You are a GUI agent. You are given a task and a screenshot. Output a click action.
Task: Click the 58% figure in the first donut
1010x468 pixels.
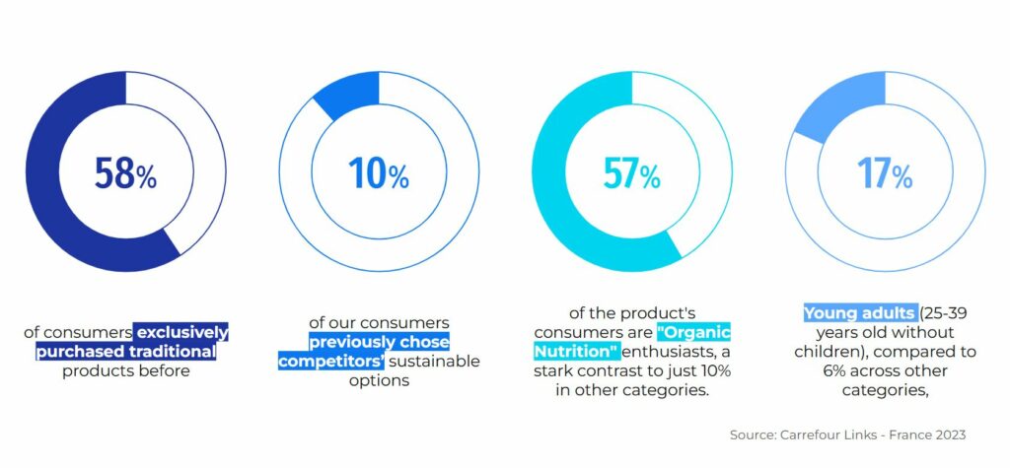[125, 173]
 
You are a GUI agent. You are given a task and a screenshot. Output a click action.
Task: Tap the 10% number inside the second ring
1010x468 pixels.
[379, 173]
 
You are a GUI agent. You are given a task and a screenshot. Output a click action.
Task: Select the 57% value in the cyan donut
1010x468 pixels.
[632, 173]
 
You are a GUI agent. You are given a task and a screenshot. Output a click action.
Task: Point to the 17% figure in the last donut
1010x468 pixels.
[885, 173]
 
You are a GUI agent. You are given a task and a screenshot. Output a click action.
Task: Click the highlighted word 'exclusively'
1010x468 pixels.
[182, 333]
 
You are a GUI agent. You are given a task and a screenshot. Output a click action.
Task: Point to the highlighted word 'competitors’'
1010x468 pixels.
[331, 362]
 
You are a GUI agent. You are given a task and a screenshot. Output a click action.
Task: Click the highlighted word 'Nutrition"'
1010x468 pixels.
[576, 352]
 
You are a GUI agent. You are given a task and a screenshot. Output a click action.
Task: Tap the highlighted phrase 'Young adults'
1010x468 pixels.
[859, 313]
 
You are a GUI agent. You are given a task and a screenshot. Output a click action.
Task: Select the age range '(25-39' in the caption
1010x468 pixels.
[943, 313]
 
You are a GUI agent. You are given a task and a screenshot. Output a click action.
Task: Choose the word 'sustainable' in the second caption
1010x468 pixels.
[435, 362]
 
